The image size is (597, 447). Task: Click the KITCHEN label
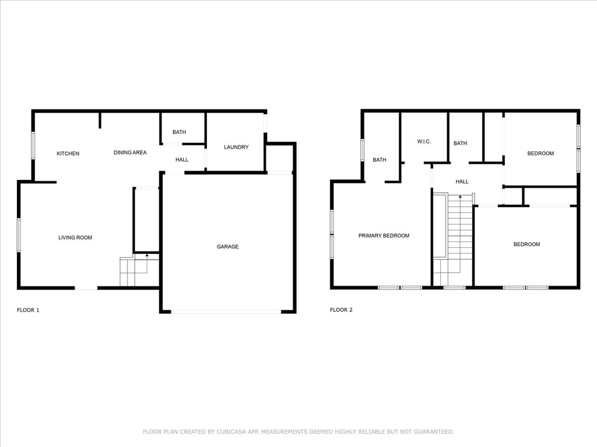coord(68,154)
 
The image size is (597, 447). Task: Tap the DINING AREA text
coord(130,152)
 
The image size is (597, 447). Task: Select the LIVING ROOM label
coord(75,237)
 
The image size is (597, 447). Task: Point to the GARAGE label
coord(228,247)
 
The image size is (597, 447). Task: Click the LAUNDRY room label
coord(236,147)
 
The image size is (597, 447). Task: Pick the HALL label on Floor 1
coord(182,159)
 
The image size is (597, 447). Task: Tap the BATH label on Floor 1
coord(179,132)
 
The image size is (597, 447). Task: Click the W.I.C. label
coord(424,142)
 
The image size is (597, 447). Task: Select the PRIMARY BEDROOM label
coord(384,236)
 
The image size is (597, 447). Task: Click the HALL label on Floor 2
coord(462,182)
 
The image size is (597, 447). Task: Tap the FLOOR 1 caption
coord(28,310)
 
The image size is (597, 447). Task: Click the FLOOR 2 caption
coord(341,310)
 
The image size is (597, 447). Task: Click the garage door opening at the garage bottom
coord(226,312)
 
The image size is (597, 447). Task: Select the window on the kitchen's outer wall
coord(33,145)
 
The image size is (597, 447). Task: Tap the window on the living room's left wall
coord(19,235)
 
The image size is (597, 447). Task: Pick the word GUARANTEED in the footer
coord(434,432)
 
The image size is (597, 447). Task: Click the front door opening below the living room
coord(86,288)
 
